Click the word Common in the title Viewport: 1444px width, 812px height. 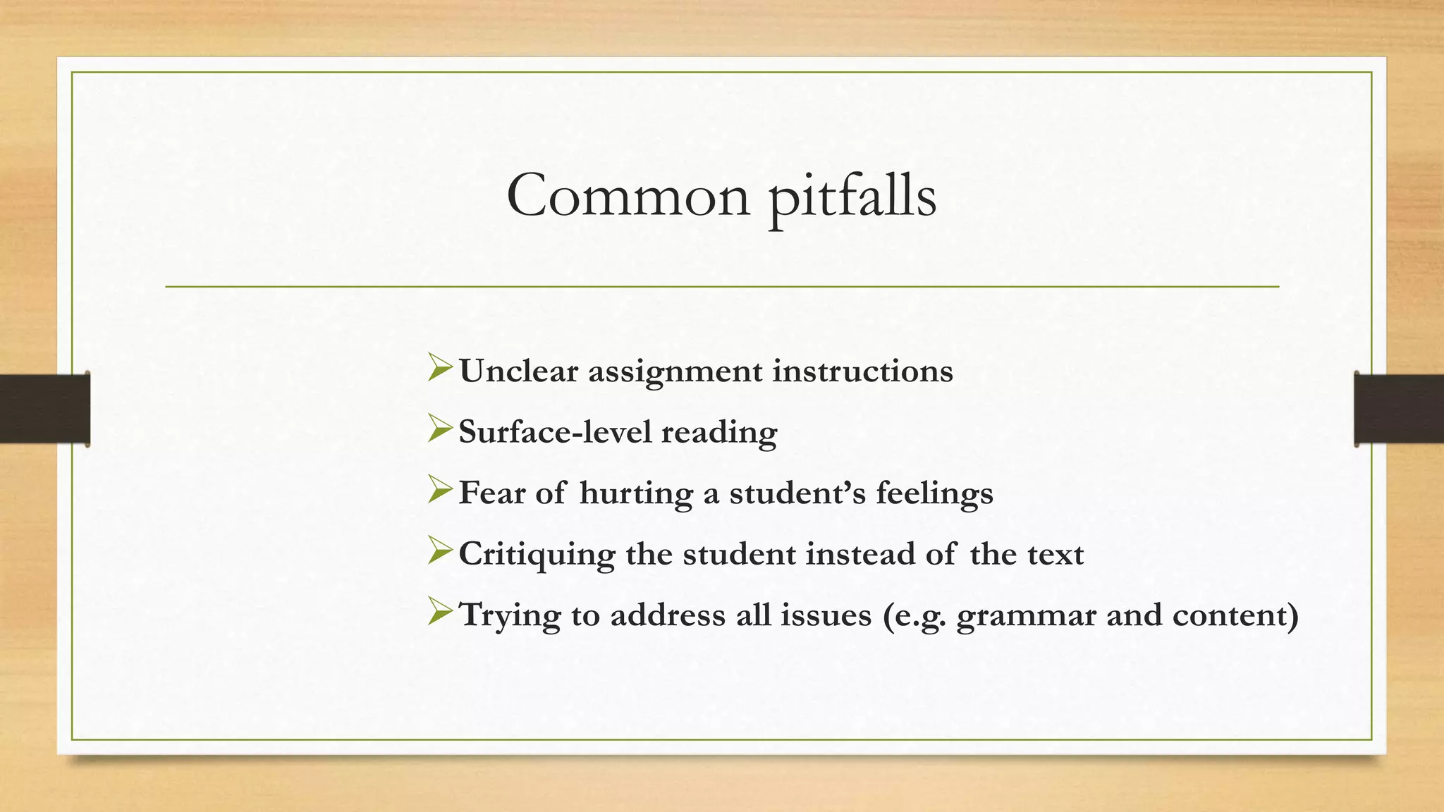click(628, 196)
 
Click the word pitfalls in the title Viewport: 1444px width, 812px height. click(852, 197)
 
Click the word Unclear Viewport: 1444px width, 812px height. click(518, 371)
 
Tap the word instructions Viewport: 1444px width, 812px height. click(862, 371)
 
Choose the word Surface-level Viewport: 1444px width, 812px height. click(555, 431)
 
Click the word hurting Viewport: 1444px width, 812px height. click(636, 493)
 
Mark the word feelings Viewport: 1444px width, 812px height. click(934, 493)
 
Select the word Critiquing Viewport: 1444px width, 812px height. click(537, 554)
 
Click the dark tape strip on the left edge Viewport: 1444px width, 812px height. click(44, 409)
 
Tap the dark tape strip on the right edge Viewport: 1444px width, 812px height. click(1399, 409)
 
